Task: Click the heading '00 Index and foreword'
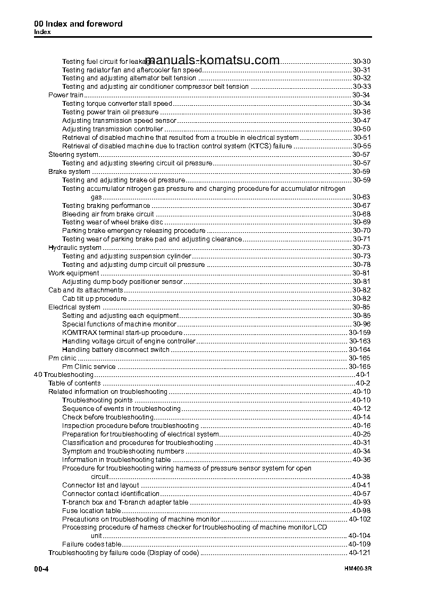point(78,24)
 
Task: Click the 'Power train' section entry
point(65,95)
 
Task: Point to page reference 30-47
point(361,121)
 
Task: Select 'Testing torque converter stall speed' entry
point(117,104)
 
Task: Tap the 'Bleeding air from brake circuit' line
point(108,214)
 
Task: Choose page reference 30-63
point(361,197)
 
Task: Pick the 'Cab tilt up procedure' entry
point(94,299)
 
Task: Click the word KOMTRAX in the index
point(78,333)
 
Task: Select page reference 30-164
point(359,350)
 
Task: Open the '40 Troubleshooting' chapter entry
point(63,375)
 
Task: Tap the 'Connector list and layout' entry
point(100,485)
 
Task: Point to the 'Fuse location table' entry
point(91,511)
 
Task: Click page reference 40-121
point(359,553)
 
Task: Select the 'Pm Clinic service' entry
point(89,367)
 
